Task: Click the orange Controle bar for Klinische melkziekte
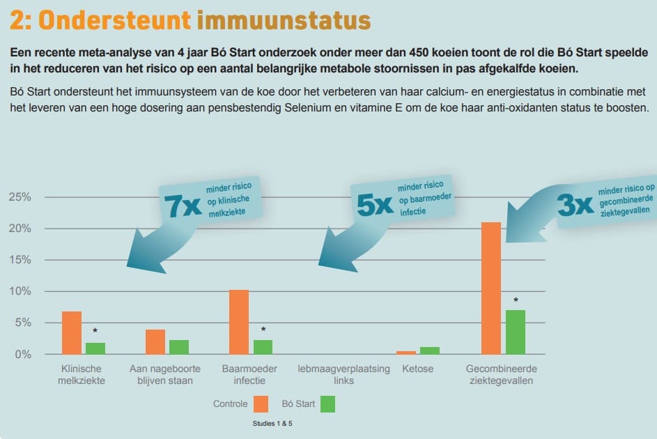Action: click(x=72, y=332)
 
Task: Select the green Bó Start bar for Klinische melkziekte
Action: click(x=95, y=348)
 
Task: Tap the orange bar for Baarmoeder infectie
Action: click(x=239, y=322)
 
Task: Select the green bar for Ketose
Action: click(x=430, y=351)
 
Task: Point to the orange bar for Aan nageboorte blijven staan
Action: click(x=155, y=341)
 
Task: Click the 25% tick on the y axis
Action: click(x=19, y=197)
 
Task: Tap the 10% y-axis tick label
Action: click(x=19, y=291)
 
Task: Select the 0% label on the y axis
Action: click(x=22, y=354)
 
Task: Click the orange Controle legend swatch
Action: click(x=261, y=403)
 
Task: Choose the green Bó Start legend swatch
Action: click(x=327, y=403)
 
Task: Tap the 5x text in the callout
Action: click(x=375, y=204)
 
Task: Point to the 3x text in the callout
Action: click(x=575, y=204)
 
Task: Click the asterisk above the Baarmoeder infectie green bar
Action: click(x=263, y=330)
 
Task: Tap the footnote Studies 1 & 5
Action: click(x=272, y=423)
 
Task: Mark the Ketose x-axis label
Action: click(x=418, y=368)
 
